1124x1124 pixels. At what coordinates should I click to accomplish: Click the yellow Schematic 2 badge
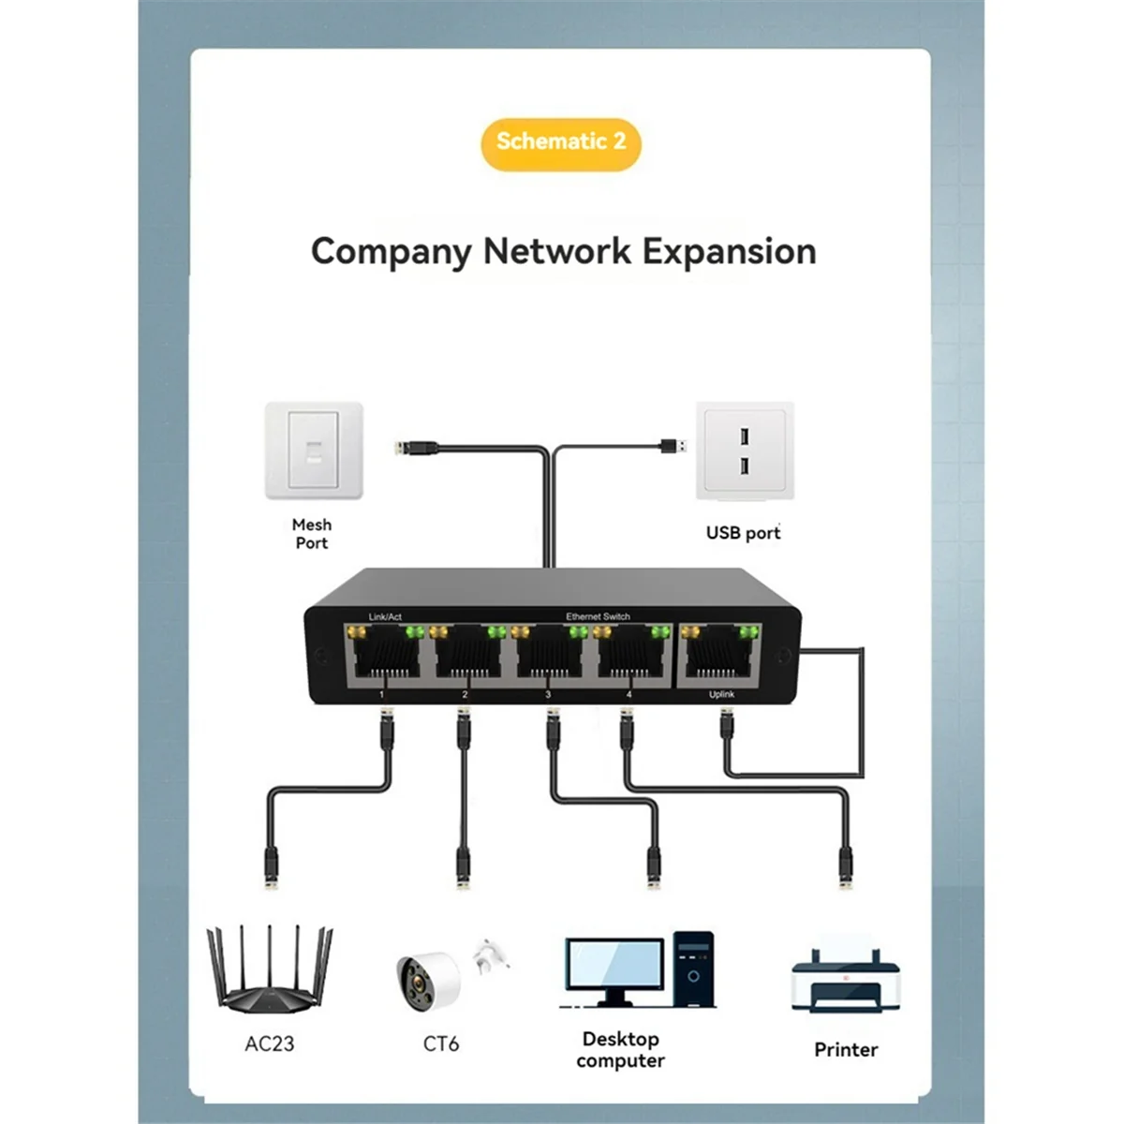pos(560,142)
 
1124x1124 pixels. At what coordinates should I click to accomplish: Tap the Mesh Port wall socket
pos(313,451)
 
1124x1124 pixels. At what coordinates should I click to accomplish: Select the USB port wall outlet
pos(745,451)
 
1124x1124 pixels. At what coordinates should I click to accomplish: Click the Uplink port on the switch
pos(719,657)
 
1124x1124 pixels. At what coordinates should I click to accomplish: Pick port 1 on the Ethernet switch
pos(383,657)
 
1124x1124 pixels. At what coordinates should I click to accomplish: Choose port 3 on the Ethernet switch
pos(548,657)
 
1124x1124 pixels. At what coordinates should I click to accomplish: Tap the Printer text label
pos(845,1050)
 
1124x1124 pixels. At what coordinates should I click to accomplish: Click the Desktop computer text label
pos(620,1050)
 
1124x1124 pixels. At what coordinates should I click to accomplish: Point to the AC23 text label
pos(270,1043)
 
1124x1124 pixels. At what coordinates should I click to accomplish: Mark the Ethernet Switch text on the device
pos(598,616)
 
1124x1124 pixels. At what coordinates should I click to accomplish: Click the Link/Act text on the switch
pos(385,616)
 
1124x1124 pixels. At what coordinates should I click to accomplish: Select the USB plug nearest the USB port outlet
pos(671,445)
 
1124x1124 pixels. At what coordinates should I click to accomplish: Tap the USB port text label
pos(743,533)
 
